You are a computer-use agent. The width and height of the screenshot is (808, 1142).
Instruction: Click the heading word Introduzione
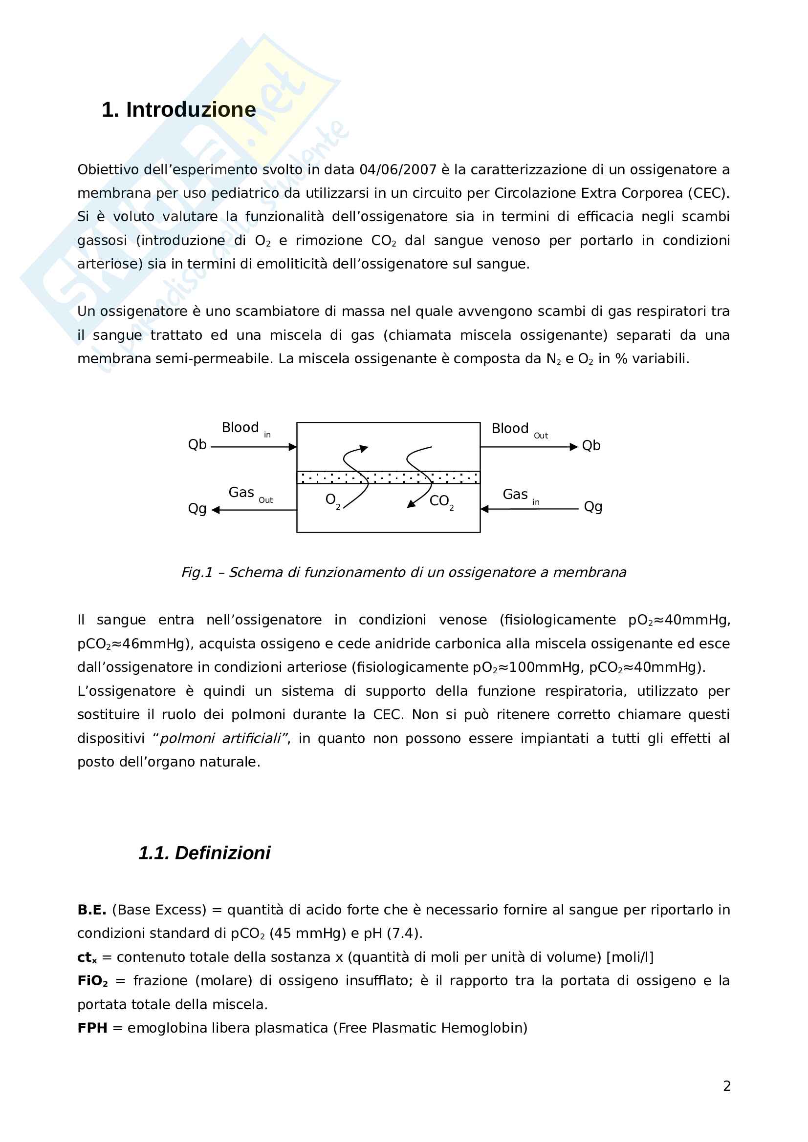click(191, 110)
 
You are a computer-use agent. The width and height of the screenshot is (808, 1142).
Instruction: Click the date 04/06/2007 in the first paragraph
click(398, 170)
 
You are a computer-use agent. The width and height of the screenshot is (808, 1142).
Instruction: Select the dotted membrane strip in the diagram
click(388, 478)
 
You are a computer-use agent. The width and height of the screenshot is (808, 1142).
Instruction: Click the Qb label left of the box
click(197, 445)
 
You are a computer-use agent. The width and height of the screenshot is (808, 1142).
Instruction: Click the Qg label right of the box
click(593, 507)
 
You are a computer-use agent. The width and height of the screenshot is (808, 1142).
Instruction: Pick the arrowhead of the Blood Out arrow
click(573, 447)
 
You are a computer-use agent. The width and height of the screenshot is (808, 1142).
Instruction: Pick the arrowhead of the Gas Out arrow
click(216, 510)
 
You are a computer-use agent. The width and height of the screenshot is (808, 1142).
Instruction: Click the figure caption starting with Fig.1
click(403, 573)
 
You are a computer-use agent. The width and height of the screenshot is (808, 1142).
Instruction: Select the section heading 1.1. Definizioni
click(204, 853)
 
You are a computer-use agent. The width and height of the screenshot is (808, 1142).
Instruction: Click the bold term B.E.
click(91, 910)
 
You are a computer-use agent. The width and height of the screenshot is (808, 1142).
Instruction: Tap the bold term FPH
click(92, 1028)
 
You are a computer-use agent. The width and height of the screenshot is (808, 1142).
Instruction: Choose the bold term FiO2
click(92, 981)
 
